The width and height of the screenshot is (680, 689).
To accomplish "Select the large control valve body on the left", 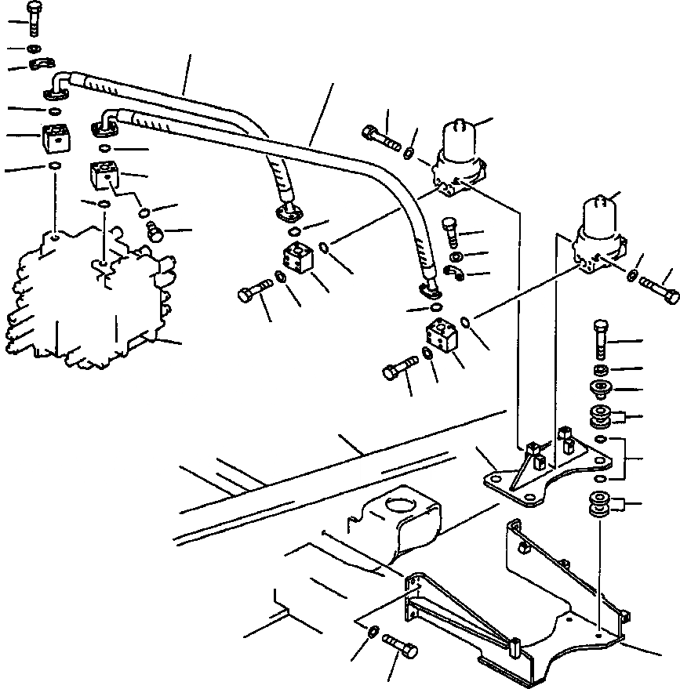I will [x=86, y=306].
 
